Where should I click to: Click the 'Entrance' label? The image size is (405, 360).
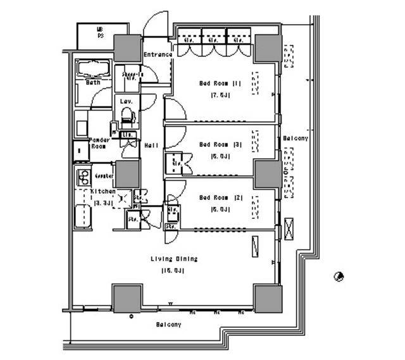point(158,54)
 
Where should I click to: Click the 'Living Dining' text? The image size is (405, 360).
point(174,259)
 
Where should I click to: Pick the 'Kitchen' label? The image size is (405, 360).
point(103,191)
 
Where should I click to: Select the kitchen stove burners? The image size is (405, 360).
point(82,175)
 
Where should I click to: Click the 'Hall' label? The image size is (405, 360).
point(151,146)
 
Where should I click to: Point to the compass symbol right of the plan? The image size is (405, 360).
point(339,276)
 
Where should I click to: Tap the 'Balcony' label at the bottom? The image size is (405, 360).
point(169,325)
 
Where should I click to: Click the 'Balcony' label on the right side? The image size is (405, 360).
point(295,138)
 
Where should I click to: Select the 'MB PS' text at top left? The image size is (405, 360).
point(100,33)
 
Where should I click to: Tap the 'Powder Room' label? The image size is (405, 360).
point(100,142)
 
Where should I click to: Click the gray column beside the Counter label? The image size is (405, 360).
point(127,173)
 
